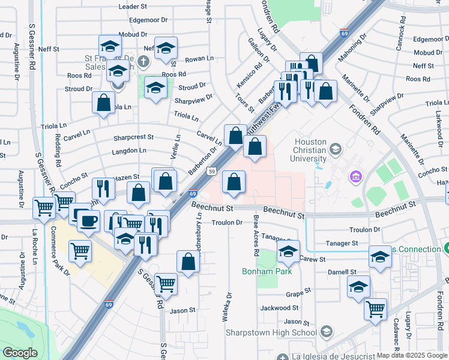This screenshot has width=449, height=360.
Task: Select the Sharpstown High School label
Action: (288, 332)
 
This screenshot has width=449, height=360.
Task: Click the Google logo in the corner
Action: (20, 352)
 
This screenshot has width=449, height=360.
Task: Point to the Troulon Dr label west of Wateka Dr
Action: (226, 222)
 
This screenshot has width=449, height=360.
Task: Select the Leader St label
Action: (133, 6)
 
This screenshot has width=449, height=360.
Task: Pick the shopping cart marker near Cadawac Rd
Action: (376, 309)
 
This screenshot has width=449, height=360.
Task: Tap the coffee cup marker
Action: (88, 220)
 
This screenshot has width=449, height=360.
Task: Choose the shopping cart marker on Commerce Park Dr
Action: (80, 251)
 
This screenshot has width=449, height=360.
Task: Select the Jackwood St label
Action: (276, 308)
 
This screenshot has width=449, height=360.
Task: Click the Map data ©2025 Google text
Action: (411, 355)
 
